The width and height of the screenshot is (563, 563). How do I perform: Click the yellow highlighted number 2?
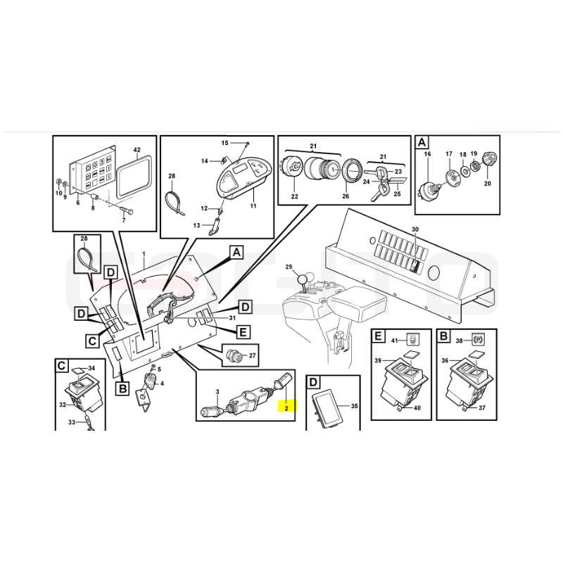[x=286, y=408]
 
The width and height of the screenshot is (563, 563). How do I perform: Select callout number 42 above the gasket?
[x=137, y=150]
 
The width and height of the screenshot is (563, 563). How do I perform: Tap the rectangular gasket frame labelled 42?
[x=134, y=177]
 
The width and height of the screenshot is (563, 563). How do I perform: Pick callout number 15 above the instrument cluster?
[x=224, y=143]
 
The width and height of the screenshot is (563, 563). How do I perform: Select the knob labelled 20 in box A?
[x=490, y=159]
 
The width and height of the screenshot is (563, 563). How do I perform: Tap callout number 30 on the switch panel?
[x=415, y=229]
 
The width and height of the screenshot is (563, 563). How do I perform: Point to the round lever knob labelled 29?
[x=304, y=279]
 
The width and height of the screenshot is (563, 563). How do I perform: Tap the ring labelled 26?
[x=350, y=172]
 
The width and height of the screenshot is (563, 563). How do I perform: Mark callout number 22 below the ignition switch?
[x=294, y=197]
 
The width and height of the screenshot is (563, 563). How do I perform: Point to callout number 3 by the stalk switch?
[x=217, y=391]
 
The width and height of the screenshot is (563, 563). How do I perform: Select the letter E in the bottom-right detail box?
[x=379, y=336]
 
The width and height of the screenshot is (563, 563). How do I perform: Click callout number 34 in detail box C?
[x=91, y=368]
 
